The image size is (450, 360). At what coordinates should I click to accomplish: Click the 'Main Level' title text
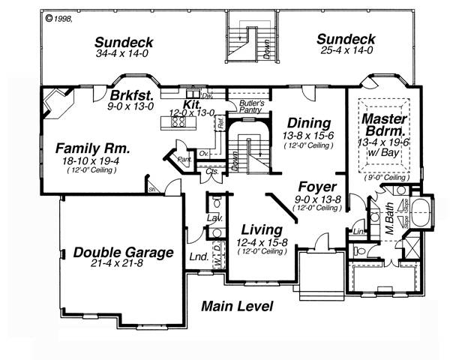pos(236,307)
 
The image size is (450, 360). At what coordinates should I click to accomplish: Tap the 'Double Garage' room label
pos(123,253)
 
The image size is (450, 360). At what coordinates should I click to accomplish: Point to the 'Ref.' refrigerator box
pos(221,126)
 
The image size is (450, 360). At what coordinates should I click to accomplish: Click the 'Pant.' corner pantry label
pos(182,159)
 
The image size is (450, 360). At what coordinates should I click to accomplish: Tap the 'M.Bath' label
pos(389,220)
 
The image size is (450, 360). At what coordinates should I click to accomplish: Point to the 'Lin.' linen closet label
pos(358,232)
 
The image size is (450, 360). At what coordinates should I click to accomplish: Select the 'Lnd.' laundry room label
pos(199,257)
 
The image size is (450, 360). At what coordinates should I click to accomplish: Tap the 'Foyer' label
pos(316,187)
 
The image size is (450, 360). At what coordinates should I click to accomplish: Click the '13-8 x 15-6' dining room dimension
pos(308,135)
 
